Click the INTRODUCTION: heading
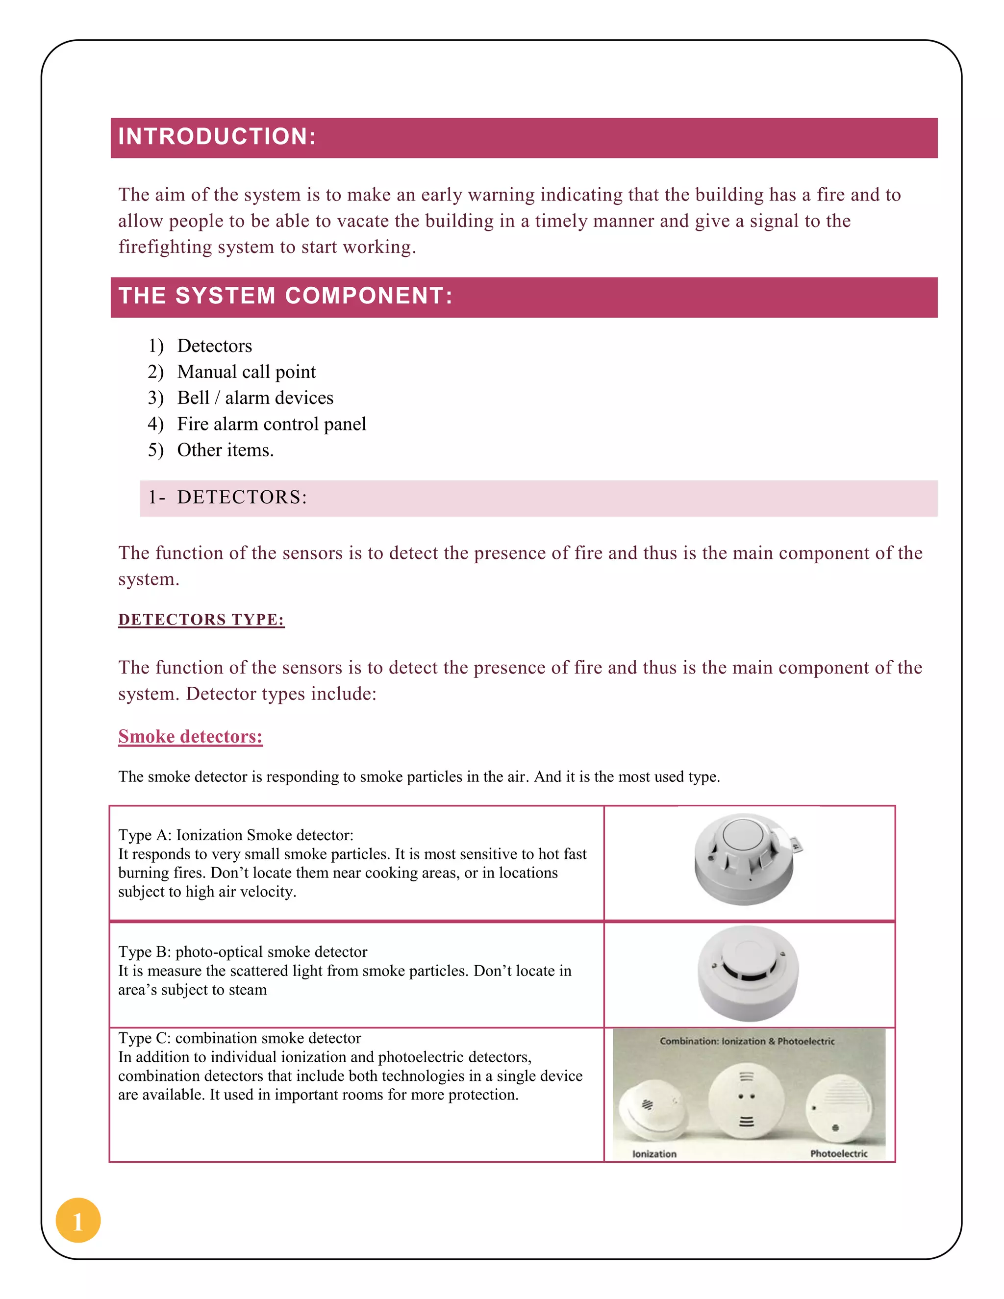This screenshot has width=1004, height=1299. coord(217,137)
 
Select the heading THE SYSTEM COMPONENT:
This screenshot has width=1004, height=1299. coord(285,296)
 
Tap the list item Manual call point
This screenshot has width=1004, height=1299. coord(246,372)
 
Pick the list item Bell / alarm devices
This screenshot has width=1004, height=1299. coord(255,398)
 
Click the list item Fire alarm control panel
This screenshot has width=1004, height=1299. coord(271,424)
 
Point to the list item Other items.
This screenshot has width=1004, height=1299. coord(226,450)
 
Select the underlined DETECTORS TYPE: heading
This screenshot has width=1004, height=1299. coord(201,620)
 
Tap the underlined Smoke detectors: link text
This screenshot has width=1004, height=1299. coord(190,736)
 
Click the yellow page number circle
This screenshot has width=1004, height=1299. coord(78,1220)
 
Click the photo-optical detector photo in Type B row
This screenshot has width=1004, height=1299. coord(748,973)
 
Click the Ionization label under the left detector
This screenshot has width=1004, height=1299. coord(654,1154)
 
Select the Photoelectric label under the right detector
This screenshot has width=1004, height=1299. coord(839,1154)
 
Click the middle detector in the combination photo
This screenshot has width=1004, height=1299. coord(747,1100)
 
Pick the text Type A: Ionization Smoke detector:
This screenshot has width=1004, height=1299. coord(235,835)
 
